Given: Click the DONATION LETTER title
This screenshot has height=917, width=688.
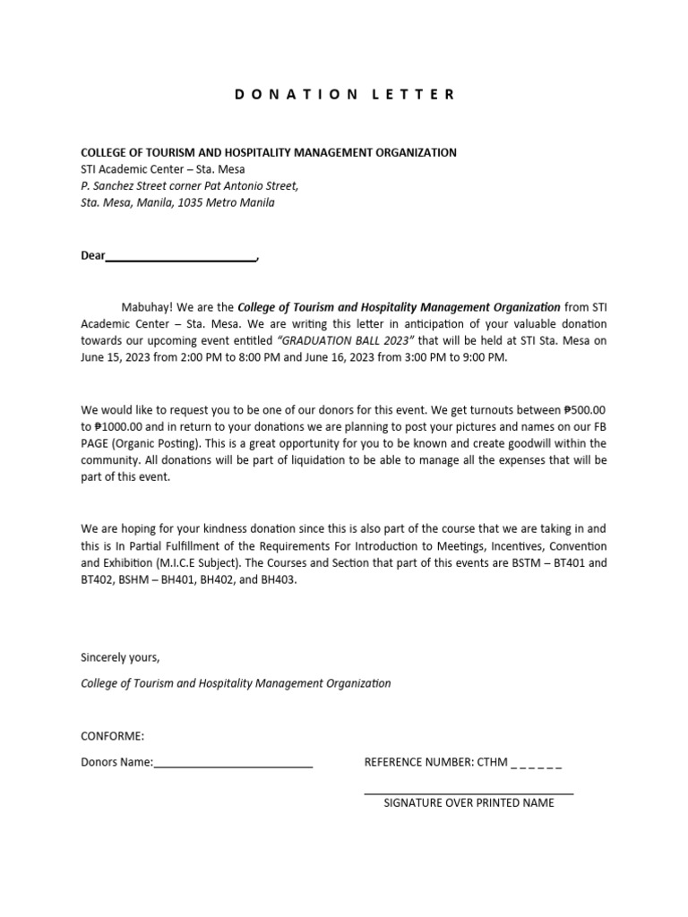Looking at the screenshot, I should (345, 94).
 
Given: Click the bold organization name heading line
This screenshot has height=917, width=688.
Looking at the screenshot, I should (269, 152).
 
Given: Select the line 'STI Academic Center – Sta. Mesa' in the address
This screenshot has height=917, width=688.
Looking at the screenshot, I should (163, 169).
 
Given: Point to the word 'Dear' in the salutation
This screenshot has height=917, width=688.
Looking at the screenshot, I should (93, 255).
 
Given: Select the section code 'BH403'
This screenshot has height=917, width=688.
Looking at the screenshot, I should (278, 579).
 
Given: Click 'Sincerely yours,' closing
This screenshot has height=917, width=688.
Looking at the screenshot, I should (120, 657).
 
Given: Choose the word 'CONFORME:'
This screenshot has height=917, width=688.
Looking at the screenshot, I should (113, 736).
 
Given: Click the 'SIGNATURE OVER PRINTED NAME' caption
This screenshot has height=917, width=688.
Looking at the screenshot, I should (469, 802).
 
